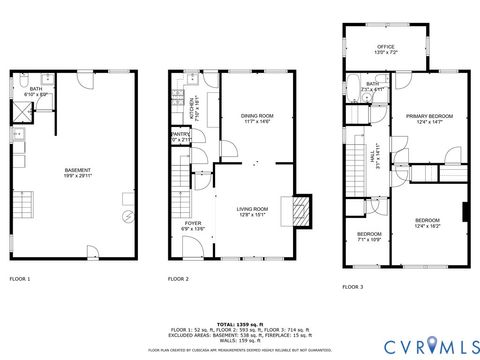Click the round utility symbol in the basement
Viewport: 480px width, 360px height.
point(127,216)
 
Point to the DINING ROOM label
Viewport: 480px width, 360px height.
point(257,119)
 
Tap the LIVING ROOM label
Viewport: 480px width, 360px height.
point(251,211)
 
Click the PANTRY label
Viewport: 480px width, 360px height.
point(181,137)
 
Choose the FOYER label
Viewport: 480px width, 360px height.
point(194,226)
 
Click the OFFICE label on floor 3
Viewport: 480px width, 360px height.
point(387,46)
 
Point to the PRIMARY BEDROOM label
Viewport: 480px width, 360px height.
point(429,119)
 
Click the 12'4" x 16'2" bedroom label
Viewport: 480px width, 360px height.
point(428,223)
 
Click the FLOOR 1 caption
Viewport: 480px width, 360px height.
point(20,278)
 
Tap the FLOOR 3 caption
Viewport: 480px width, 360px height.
point(353,286)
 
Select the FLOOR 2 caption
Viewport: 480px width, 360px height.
point(178,278)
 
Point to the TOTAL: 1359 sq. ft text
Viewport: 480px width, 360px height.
point(240,322)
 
